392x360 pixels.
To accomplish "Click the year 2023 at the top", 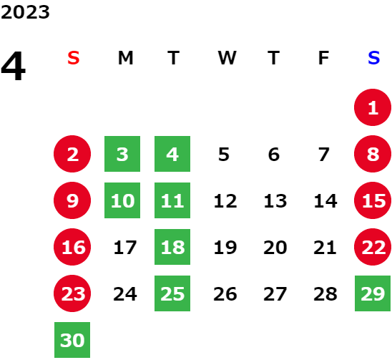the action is tap(25, 12).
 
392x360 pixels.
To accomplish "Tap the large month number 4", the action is tap(13, 66).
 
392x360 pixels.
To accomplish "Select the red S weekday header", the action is tap(74, 58).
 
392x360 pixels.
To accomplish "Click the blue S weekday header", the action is tap(373, 58).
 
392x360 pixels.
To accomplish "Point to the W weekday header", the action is tap(227, 58).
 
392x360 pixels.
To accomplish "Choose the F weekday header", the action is tap(323, 58).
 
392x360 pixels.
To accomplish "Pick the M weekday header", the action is tap(125, 58).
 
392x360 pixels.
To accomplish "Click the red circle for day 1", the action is tap(373, 107).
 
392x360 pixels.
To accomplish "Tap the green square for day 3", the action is tap(122, 154).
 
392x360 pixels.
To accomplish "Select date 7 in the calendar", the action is tap(323, 154).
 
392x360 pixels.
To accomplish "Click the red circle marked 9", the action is tap(72, 200).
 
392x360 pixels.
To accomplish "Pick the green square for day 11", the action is tap(172, 200).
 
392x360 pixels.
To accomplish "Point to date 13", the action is tap(275, 200).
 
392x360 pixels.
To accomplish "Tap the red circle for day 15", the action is tap(373, 200).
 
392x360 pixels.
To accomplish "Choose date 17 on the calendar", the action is tap(125, 248).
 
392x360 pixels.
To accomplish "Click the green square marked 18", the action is tap(172, 247).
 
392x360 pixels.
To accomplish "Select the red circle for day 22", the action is tap(373, 247).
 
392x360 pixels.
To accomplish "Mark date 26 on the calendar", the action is tap(225, 293).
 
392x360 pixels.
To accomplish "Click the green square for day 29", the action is tap(373, 293).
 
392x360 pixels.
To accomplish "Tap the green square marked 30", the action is tap(72, 340).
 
